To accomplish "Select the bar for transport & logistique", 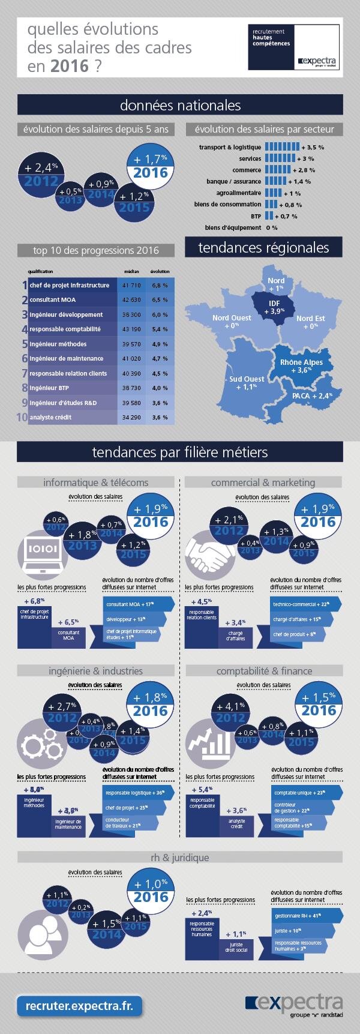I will [x=281, y=147].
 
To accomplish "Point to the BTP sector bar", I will [x=269, y=215].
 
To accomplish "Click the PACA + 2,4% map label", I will [x=311, y=396].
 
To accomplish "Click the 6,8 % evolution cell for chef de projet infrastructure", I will [x=160, y=285].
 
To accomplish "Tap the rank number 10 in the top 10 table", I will [x=22, y=417].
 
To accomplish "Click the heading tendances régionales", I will [x=263, y=248].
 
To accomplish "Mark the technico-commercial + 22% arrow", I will [x=303, y=604].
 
